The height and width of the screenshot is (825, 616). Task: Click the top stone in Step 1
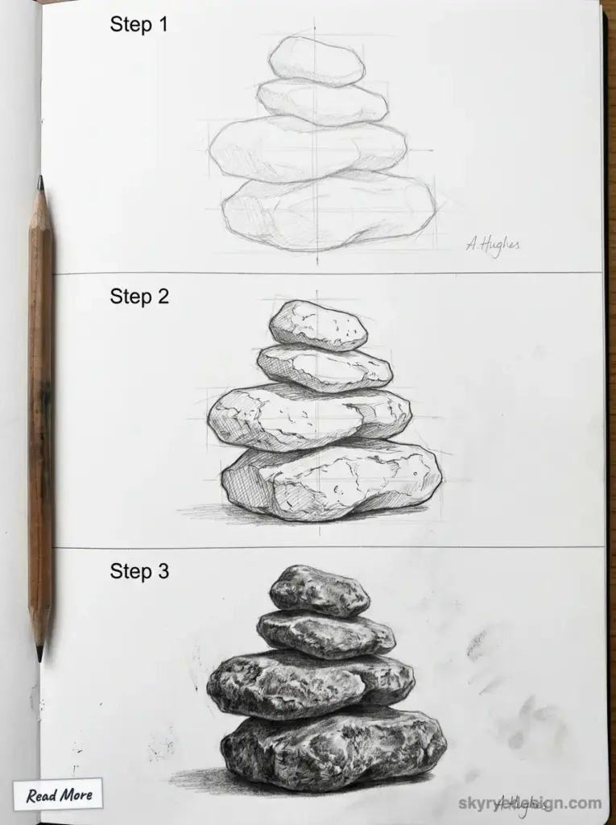(x=316, y=60)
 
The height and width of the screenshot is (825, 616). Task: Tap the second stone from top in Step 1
(x=321, y=102)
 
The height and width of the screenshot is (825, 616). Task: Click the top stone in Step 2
(x=317, y=325)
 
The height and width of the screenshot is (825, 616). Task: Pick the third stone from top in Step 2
(x=309, y=416)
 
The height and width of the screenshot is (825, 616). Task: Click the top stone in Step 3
(x=319, y=591)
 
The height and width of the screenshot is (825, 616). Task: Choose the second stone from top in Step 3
(x=325, y=633)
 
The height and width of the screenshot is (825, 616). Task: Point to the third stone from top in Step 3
(x=310, y=684)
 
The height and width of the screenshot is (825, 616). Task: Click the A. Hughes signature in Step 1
(x=493, y=244)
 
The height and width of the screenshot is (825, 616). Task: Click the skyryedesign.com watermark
(x=530, y=802)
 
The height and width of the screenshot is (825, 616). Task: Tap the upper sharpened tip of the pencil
(x=39, y=183)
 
